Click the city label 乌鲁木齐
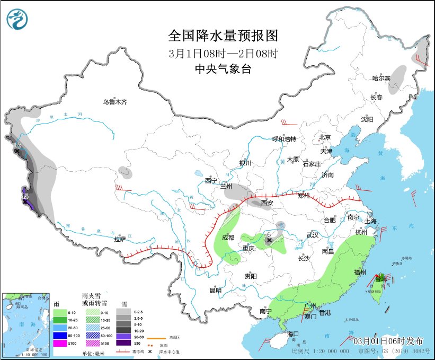115,102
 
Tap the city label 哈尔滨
380,78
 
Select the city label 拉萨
120,239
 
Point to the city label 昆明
215,290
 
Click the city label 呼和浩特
284,139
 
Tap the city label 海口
294,334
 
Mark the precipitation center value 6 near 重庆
269,234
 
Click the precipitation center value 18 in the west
17,145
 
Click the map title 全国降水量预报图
223,36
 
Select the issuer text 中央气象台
223,69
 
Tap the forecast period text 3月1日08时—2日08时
223,53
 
